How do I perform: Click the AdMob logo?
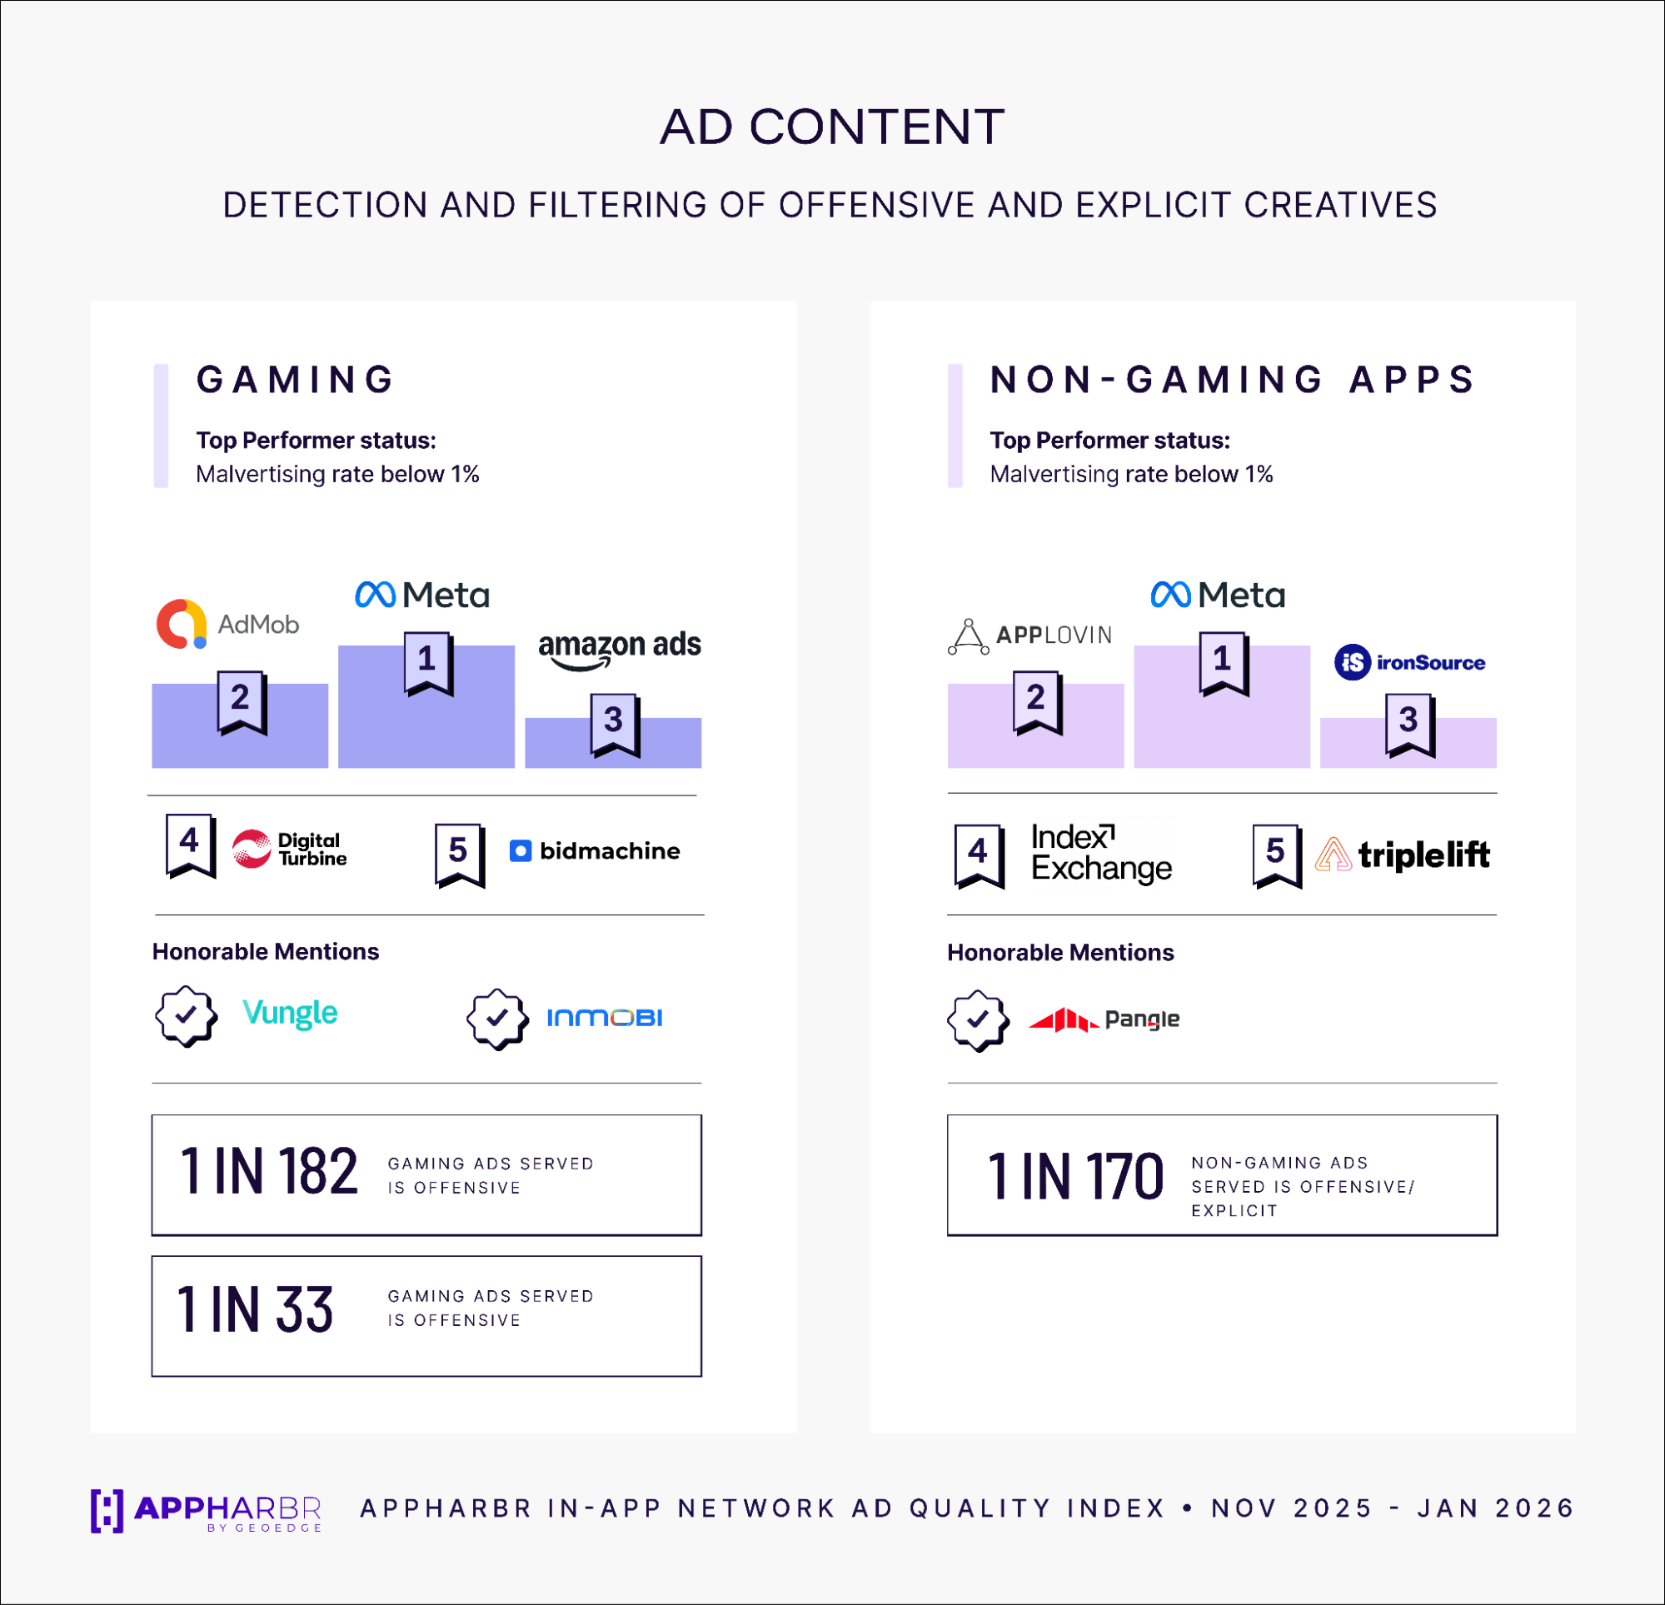[x=227, y=624]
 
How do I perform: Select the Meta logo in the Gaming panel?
[x=422, y=595]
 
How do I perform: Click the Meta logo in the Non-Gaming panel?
[x=1218, y=595]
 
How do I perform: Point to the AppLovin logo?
[x=1029, y=636]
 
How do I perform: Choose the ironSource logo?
[x=1409, y=662]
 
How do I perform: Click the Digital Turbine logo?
[x=289, y=849]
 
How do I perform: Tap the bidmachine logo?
[x=595, y=850]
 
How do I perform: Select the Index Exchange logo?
[x=1101, y=852]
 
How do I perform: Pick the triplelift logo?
[x=1402, y=854]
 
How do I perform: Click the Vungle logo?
[x=290, y=1013]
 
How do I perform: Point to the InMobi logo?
[x=604, y=1017]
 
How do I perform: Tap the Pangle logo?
[x=1104, y=1019]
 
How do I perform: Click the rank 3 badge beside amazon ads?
[x=614, y=724]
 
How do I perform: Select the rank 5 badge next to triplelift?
[x=1276, y=855]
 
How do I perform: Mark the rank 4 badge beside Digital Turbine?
[x=189, y=845]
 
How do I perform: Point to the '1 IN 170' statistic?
[x=1074, y=1177]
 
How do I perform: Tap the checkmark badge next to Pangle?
[x=978, y=1019]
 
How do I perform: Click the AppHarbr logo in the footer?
[x=207, y=1510]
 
